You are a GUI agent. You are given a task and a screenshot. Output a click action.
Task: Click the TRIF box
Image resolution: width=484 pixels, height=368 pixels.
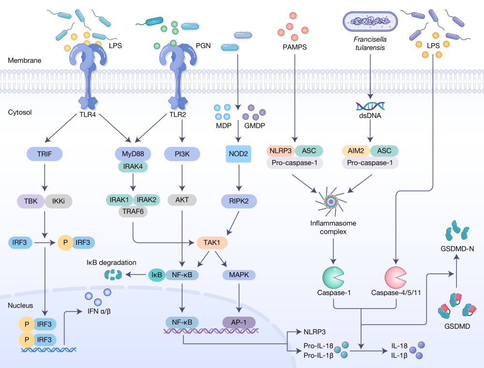tap(44, 154)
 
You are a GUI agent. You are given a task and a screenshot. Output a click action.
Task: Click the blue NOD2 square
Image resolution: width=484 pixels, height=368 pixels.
tap(238, 154)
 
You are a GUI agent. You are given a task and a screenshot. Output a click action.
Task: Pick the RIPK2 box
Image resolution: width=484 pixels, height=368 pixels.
tap(238, 201)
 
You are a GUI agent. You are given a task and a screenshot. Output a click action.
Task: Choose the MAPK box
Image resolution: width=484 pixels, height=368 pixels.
tap(238, 275)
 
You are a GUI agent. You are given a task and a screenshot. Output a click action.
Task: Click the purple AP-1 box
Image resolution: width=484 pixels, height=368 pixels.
tap(238, 322)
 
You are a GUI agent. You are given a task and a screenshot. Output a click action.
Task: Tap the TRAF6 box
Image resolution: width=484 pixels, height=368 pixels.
tap(133, 211)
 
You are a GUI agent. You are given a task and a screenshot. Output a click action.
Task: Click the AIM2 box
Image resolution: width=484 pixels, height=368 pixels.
tap(356, 151)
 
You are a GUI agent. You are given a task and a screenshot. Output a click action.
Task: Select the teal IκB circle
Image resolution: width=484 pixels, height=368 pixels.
tap(156, 275)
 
